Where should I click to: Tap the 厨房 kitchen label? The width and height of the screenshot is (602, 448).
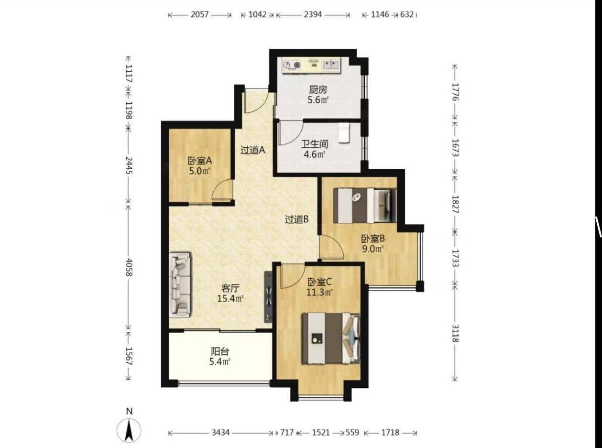(318, 89)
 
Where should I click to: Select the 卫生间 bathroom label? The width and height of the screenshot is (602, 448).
(315, 144)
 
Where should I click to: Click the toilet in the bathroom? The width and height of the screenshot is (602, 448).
(344, 132)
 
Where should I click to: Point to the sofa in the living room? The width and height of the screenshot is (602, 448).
(180, 284)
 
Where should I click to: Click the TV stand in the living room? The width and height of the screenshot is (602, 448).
(268, 296)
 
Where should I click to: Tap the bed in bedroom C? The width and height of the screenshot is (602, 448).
(331, 339)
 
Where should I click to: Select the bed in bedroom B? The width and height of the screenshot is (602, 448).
(365, 205)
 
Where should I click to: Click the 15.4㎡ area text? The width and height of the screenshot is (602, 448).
(230, 299)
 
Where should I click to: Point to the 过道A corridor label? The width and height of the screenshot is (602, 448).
(252, 150)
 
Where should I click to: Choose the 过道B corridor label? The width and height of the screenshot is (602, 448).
(296, 219)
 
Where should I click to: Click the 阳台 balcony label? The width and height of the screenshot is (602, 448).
(220, 352)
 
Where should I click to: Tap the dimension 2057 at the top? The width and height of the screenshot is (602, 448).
(199, 14)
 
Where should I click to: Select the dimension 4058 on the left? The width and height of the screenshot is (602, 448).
(129, 267)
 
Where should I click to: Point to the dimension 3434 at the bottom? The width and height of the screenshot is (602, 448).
(220, 433)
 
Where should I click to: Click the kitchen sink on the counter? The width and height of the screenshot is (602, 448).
(331, 65)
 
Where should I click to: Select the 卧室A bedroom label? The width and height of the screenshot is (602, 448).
(199, 161)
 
